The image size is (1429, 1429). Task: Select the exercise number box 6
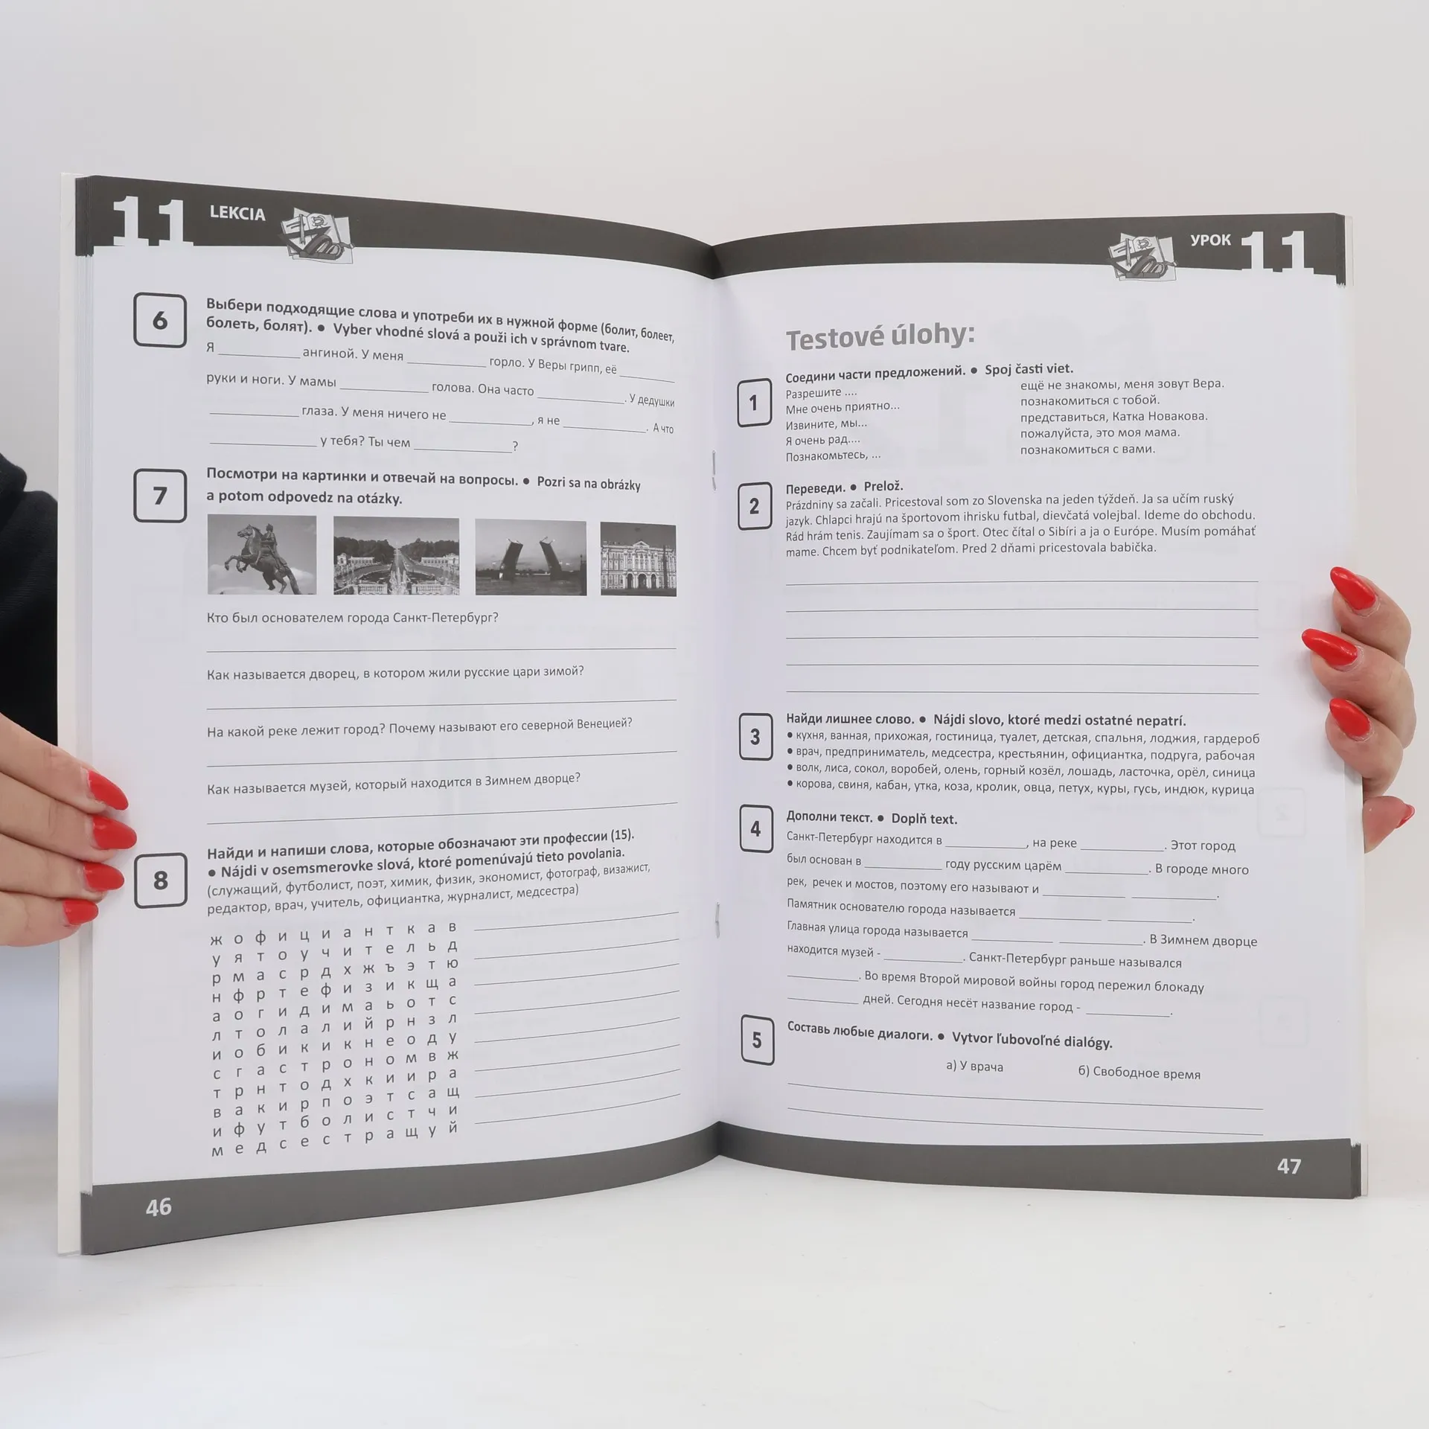[160, 320]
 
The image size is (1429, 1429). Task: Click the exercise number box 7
[160, 496]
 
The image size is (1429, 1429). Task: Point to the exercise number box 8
[160, 880]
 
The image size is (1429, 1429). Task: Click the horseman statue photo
[261, 554]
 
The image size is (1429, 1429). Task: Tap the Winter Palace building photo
[638, 559]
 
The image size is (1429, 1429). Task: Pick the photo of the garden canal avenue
[396, 556]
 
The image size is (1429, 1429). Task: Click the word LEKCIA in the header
[237, 214]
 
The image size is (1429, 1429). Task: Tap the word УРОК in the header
[1210, 240]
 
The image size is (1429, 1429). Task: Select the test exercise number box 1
[754, 403]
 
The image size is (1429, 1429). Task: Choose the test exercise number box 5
[757, 1040]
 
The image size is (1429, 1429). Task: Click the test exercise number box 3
[755, 737]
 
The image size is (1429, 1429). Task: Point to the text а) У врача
[974, 1067]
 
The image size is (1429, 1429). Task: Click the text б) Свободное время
[1139, 1072]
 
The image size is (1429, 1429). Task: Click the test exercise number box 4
[755, 828]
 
